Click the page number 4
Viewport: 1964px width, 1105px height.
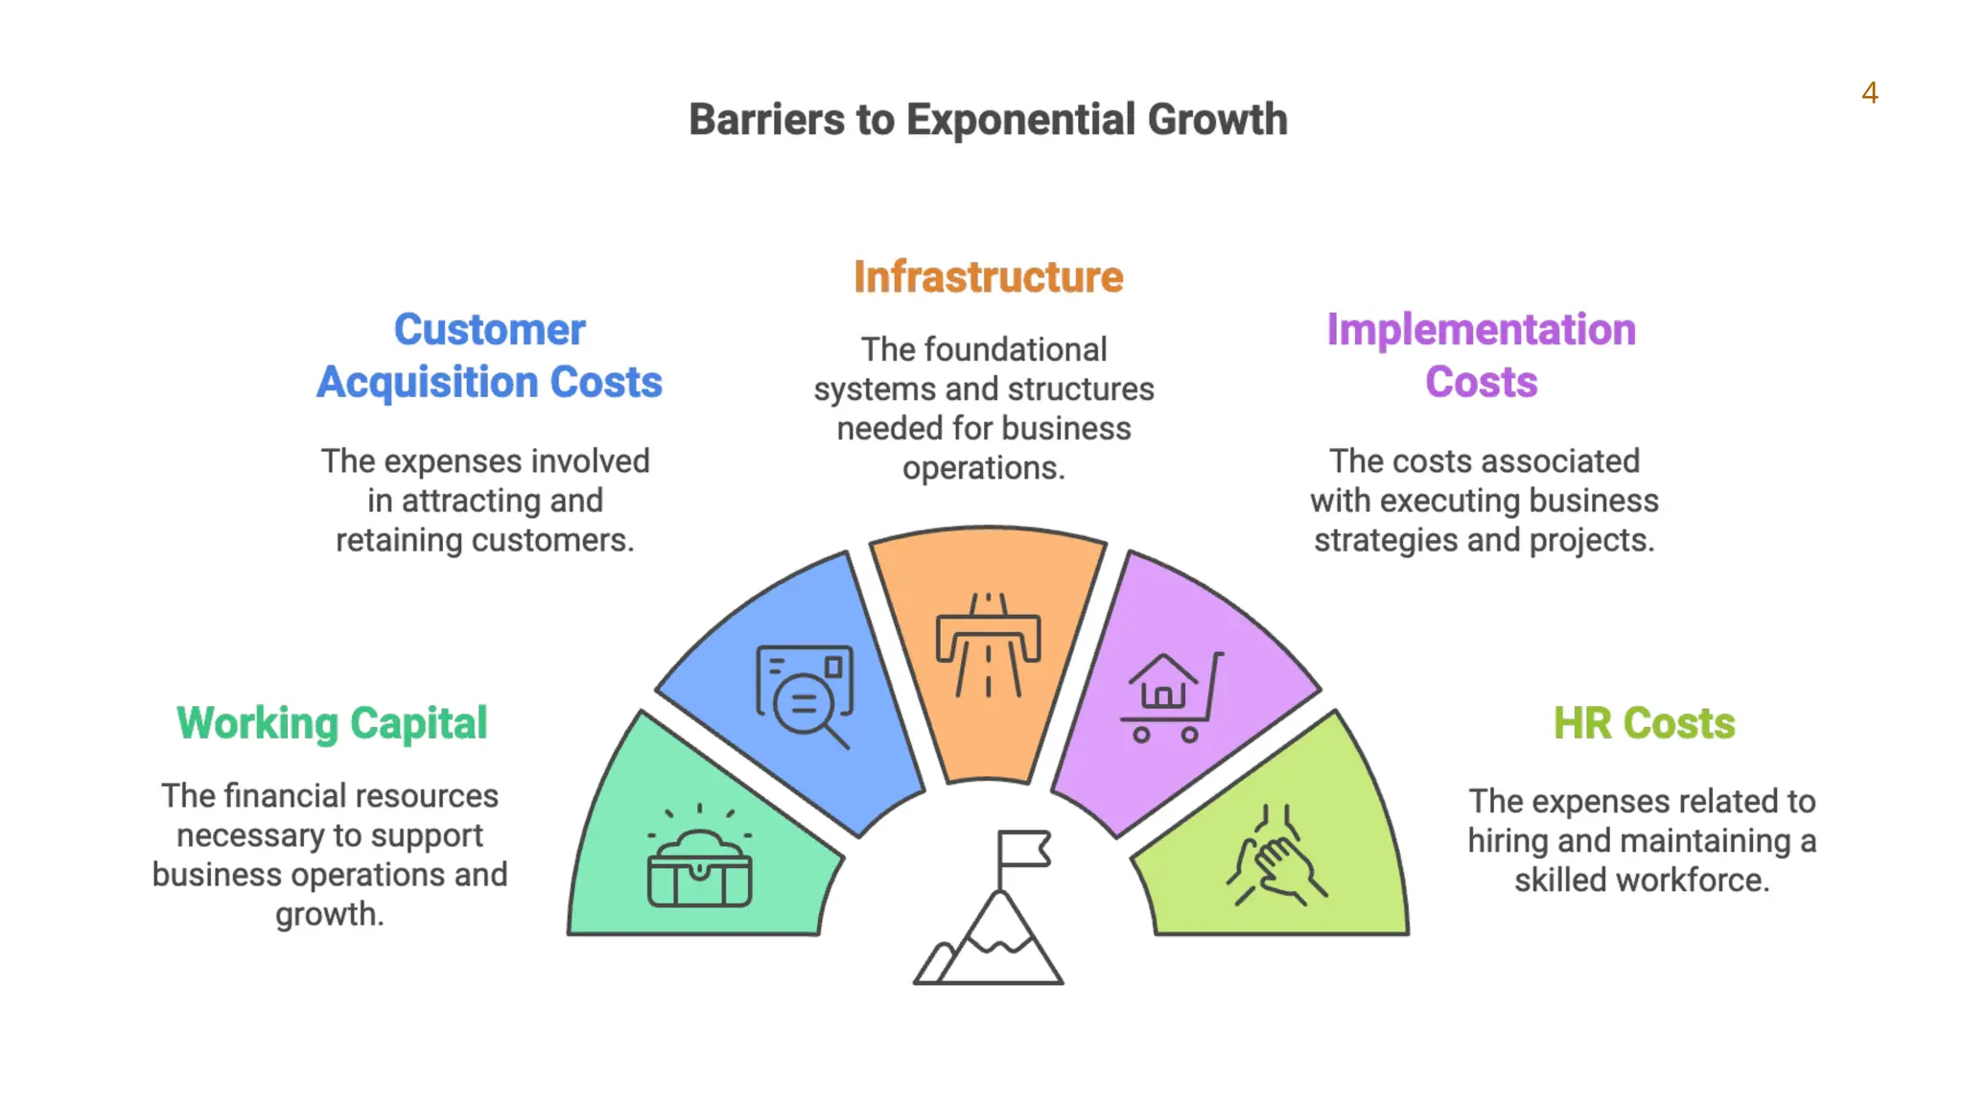click(x=1869, y=93)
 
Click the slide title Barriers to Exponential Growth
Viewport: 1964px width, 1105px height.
click(x=988, y=120)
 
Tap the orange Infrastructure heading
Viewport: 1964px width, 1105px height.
click(x=988, y=277)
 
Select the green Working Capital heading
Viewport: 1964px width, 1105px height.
click(x=332, y=723)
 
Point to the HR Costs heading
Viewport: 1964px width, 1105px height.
click(x=1644, y=723)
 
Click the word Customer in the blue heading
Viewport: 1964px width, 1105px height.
click(x=489, y=330)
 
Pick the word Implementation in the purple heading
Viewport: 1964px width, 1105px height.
click(x=1481, y=330)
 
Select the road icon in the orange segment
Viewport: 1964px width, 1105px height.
click(x=988, y=645)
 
